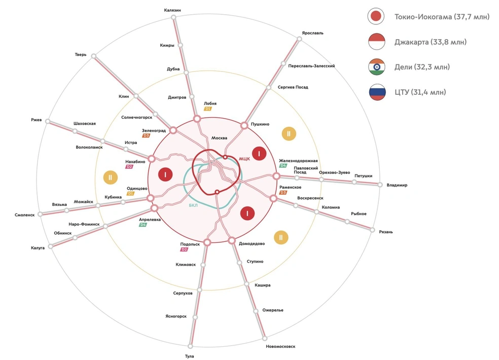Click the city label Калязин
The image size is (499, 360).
[172, 10]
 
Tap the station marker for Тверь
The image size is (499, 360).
[93, 56]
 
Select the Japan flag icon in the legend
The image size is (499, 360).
[376, 16]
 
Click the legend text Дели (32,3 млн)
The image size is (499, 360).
[422, 67]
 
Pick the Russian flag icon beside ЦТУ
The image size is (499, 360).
[377, 92]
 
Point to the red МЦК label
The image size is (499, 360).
[244, 159]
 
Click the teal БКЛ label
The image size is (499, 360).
[193, 205]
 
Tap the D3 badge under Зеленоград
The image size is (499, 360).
[146, 135]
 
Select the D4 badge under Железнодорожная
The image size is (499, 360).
[283, 165]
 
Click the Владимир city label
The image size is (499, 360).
[397, 185]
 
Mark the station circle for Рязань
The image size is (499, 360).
[372, 230]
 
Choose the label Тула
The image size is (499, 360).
[189, 356]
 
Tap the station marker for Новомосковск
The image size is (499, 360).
[265, 338]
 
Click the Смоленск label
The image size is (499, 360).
[24, 215]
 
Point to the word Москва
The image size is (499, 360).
[219, 138]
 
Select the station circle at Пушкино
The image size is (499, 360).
[244, 125]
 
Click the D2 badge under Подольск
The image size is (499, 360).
[184, 249]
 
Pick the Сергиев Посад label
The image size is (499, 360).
[293, 87]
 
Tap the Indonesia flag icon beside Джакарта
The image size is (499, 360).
[376, 42]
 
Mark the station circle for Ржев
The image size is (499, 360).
[48, 121]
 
